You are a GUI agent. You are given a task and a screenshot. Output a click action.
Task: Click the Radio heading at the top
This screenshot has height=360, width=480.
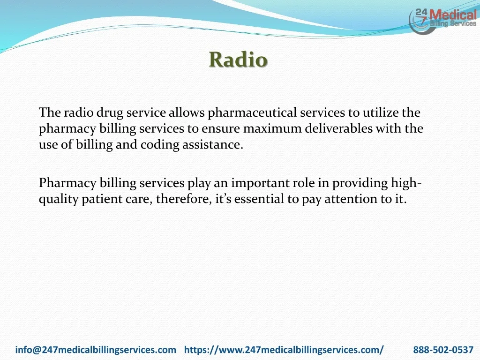238,60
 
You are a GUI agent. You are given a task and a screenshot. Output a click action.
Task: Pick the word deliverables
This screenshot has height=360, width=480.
338,128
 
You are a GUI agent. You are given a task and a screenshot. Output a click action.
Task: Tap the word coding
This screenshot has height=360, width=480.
160,145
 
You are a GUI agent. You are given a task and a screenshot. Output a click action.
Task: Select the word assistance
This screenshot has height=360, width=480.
213,145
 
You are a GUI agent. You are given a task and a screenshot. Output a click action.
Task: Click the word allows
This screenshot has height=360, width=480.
187,112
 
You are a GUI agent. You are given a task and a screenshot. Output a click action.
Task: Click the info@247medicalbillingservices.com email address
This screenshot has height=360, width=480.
96,350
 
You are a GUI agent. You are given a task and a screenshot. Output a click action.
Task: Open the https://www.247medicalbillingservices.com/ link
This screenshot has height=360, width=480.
284,350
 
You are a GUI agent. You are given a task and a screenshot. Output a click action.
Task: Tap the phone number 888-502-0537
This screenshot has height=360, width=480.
443,350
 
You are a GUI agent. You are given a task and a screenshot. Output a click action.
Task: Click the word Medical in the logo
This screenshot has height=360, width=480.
453,15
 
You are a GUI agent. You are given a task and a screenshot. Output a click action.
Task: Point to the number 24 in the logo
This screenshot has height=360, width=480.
421,13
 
